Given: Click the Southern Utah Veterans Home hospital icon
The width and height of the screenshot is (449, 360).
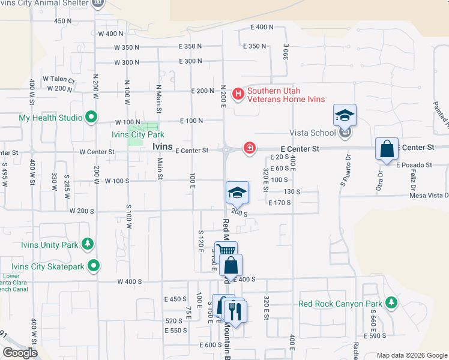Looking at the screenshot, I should coord(238,94).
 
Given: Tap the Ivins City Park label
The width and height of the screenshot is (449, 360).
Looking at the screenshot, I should coord(138,135).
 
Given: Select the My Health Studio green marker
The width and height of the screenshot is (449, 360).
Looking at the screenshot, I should coord(91,118).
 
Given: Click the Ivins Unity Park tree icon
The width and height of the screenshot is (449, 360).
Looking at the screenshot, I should coord(88,244).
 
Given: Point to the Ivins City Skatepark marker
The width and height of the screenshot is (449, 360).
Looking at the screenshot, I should coord(93,265).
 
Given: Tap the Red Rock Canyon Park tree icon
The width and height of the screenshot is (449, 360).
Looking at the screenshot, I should coord(391,302).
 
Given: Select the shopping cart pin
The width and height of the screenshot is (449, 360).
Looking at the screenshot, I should coord(226,251).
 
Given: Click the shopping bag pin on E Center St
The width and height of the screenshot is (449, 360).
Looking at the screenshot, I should coord(387,149).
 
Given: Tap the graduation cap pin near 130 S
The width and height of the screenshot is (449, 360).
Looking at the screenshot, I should coord(237,193).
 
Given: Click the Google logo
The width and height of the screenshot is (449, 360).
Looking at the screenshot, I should coord(20,353).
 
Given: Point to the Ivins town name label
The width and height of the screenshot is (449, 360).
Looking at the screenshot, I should coord(163,146).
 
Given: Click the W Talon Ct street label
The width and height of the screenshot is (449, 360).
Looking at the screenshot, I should coord(58,79).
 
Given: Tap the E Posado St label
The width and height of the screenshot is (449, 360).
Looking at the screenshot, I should coord(414,164).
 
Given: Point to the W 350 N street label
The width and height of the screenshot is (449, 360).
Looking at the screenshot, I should coord(126,47).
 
